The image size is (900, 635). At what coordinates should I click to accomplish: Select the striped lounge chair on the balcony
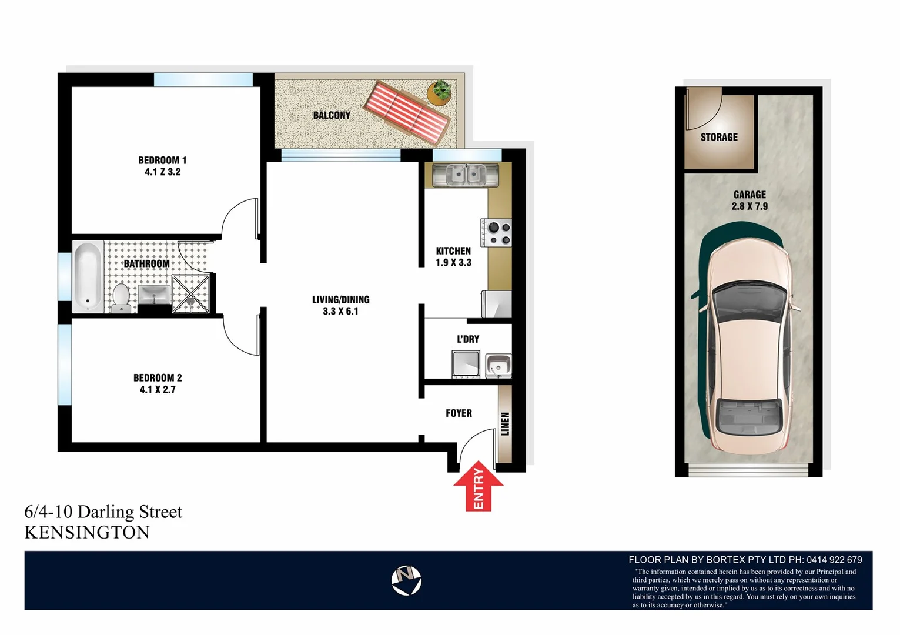pos(407,113)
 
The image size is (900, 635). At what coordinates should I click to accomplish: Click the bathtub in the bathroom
pos(88,276)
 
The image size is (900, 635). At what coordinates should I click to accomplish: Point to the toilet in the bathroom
pos(121,297)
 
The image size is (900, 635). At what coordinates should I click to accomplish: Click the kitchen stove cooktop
pos(497,233)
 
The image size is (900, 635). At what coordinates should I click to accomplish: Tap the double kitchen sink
pos(465,175)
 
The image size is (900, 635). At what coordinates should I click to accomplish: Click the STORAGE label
pos(718,137)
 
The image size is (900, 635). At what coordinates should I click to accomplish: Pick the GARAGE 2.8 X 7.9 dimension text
pos(750,206)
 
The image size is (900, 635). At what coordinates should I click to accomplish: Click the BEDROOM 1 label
pos(162,160)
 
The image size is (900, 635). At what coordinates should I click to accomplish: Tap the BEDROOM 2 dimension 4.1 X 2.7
pos(158,389)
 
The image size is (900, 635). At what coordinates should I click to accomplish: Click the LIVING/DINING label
pos(340,299)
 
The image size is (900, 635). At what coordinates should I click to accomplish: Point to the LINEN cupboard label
pos(505,423)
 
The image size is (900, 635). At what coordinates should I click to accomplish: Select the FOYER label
pos(459,413)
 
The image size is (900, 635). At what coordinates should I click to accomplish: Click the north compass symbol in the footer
pos(406,580)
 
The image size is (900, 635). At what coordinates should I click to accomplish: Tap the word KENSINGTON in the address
pos(87,532)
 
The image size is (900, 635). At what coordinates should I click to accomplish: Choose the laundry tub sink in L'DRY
pos(498,365)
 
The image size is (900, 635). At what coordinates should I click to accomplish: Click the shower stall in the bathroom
pos(190,293)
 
